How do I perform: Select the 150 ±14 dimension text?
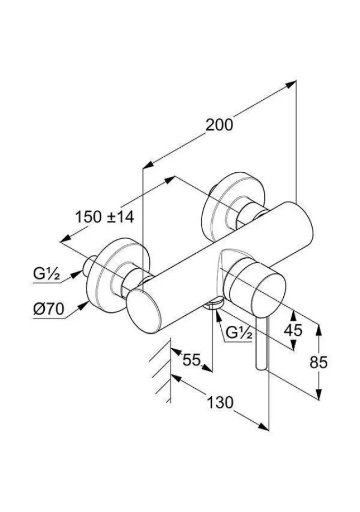(x=104, y=217)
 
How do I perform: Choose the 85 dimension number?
(x=318, y=362)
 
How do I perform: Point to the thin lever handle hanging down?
(x=261, y=341)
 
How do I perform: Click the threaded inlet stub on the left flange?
(x=90, y=263)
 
